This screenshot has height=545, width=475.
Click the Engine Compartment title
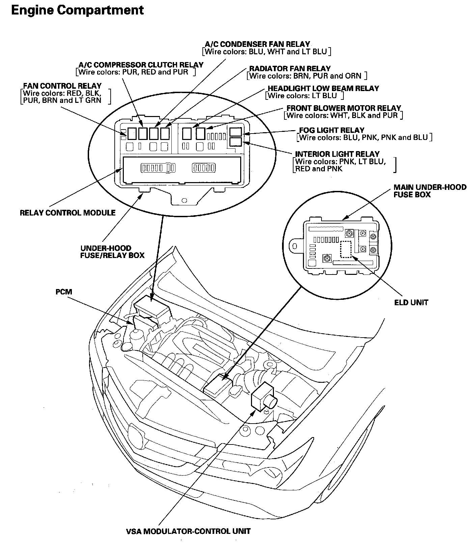click(x=77, y=10)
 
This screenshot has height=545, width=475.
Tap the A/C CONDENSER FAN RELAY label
click(x=257, y=44)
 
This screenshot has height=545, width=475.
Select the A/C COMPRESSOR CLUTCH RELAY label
click(x=141, y=65)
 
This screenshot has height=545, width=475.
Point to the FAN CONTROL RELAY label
click(x=62, y=86)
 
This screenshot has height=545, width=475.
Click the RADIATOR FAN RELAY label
click(x=290, y=68)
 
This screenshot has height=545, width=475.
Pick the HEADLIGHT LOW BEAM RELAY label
click(x=323, y=88)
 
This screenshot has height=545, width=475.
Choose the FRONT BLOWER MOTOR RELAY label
click(x=344, y=108)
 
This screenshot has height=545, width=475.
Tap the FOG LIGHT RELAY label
click(x=332, y=130)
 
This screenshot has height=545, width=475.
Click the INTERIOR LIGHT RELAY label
click(x=337, y=154)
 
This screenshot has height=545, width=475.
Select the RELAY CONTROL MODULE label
click(x=67, y=213)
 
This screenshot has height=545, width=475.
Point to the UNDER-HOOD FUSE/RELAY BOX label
click(x=112, y=252)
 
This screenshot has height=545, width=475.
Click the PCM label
click(x=64, y=291)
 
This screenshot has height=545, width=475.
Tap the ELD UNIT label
click(x=411, y=303)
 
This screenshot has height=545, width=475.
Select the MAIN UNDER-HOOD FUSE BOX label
click(x=430, y=191)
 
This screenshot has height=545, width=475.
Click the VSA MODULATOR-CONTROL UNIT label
click(x=188, y=532)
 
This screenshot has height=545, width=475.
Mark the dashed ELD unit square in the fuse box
click(x=345, y=250)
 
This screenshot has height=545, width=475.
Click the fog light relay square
click(x=235, y=132)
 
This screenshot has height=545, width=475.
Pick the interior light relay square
click(x=235, y=142)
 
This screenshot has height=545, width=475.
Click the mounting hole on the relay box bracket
click(x=184, y=200)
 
